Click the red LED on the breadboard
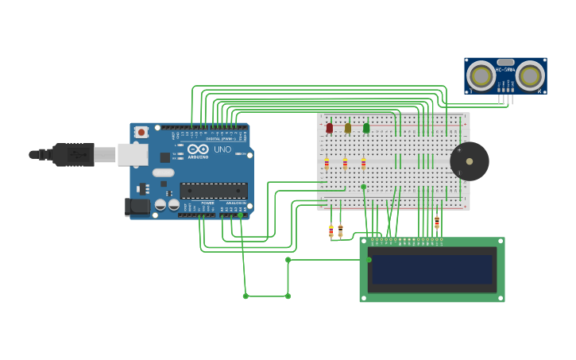pos(329,128)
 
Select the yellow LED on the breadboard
pos(347,128)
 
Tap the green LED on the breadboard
pos(366,128)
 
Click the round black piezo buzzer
pos(470,161)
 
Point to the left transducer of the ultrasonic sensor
pos(480,76)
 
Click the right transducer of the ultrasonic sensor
pos(531,76)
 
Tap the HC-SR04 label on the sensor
pos(505,69)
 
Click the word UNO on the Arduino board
pos(222,149)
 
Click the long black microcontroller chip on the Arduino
pos(213,191)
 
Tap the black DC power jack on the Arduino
pos(137,207)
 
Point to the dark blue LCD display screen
pos(431,269)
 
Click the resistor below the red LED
pos(327,165)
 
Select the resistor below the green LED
pos(364,165)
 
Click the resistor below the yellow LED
pos(345,165)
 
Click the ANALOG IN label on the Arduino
pos(234,203)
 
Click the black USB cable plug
pos(74,154)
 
